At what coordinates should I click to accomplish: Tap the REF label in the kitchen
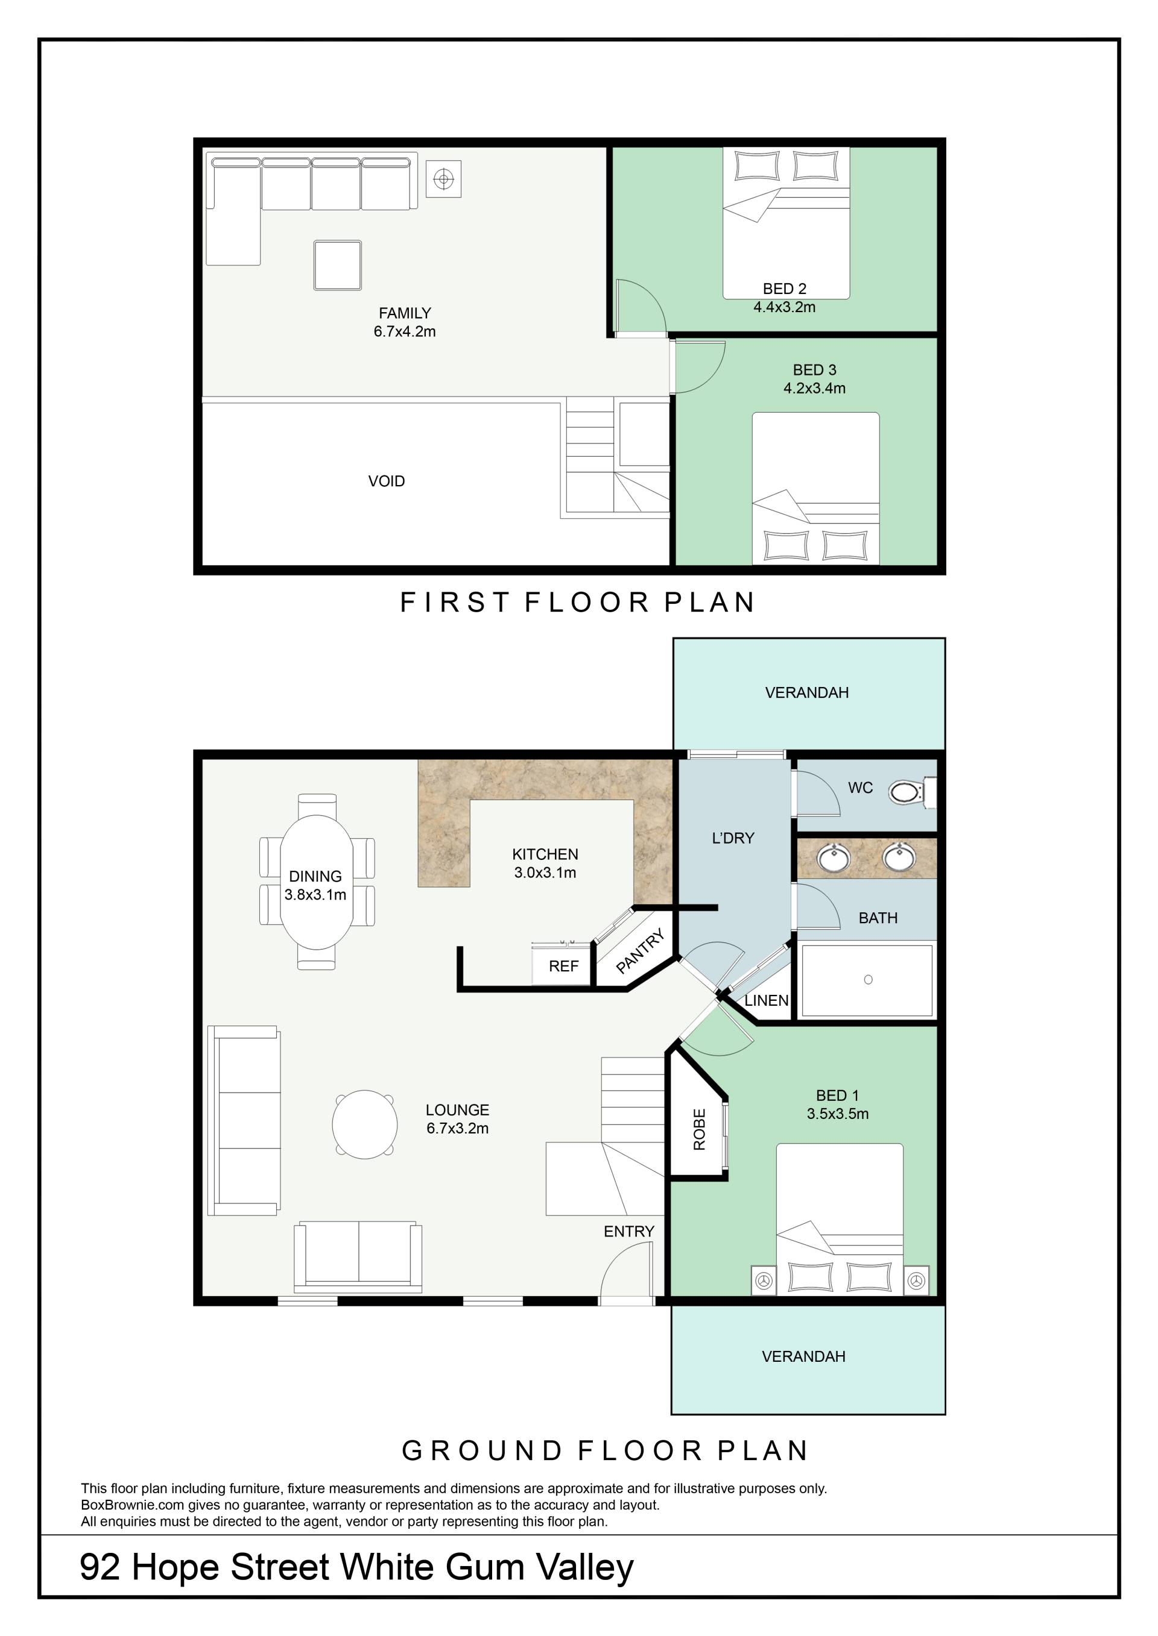click(563, 966)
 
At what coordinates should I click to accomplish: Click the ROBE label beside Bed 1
click(699, 1129)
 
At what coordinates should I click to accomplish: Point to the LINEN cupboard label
click(766, 1000)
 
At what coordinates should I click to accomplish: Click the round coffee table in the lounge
click(364, 1125)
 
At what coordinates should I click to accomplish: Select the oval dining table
click(317, 882)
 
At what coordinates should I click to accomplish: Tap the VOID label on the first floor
click(387, 481)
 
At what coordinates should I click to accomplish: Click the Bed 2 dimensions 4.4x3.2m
click(784, 307)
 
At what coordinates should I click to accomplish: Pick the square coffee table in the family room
click(337, 265)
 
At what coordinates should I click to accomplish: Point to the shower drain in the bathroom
click(868, 980)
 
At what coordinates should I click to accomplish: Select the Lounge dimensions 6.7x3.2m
click(458, 1128)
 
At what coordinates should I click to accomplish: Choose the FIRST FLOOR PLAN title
click(578, 602)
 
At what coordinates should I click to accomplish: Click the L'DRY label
click(733, 838)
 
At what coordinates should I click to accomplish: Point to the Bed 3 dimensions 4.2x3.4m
click(814, 388)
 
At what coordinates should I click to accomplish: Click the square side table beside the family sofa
click(443, 179)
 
